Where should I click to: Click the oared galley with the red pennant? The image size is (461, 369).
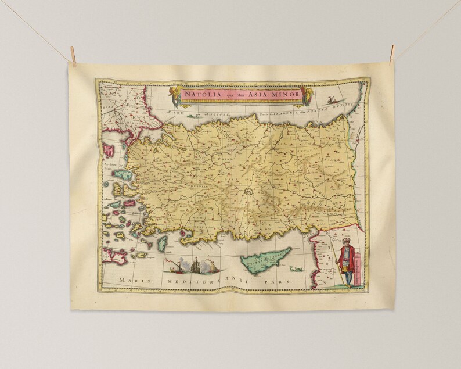(x=173, y=268)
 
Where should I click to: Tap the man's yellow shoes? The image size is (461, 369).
(x=347, y=285)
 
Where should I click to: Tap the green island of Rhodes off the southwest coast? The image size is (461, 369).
(x=163, y=242)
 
